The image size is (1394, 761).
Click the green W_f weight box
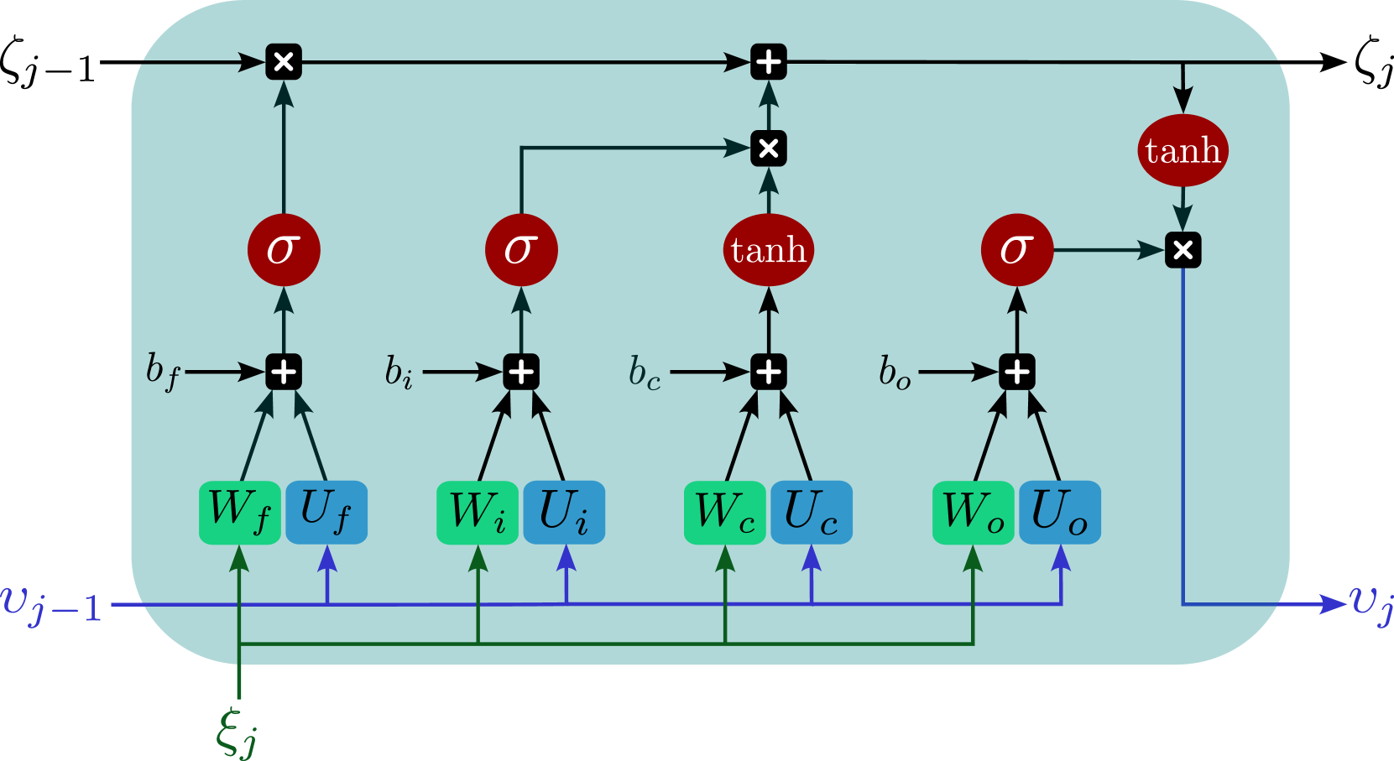tap(239, 512)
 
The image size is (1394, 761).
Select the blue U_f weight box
tap(326, 512)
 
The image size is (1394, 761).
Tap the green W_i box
tap(478, 512)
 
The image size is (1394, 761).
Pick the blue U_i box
tap(564, 512)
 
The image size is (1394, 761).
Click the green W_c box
tap(725, 512)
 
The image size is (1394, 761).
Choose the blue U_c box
tap(812, 512)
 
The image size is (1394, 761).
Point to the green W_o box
tap(974, 512)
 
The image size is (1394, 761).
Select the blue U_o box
tap(1060, 512)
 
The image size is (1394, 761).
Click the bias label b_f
tap(162, 371)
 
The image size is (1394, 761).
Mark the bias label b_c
tap(645, 373)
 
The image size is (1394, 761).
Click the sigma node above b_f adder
tap(284, 250)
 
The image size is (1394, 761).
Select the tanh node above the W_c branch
tap(768, 250)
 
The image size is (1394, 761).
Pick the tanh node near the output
tap(1183, 150)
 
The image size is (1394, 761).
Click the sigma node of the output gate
tap(1016, 250)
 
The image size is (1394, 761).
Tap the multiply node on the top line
tap(284, 62)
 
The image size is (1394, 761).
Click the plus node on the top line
tap(768, 62)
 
